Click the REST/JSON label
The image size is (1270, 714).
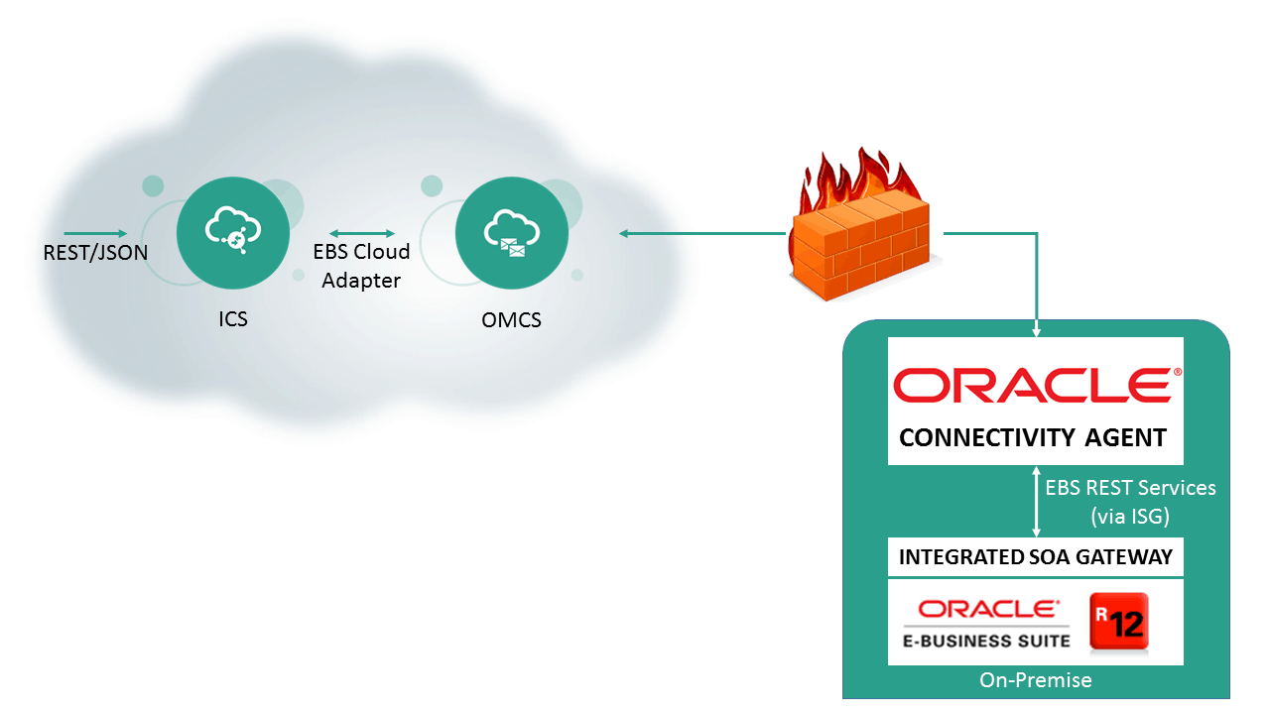(95, 253)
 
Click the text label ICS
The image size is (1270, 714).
(233, 319)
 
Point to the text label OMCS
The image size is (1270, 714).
(511, 319)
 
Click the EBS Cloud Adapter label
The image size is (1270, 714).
(361, 266)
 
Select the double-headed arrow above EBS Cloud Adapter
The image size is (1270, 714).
(362, 234)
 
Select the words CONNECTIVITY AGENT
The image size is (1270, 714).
(1032, 437)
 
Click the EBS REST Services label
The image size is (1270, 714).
(1130, 488)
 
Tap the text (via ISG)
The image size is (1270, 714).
(1130, 516)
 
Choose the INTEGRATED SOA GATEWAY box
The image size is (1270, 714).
(1035, 557)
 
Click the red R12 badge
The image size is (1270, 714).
(1118, 622)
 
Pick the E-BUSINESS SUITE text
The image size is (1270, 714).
(986, 640)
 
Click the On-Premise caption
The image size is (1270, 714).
(1035, 680)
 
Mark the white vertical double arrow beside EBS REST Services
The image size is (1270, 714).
(1036, 502)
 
